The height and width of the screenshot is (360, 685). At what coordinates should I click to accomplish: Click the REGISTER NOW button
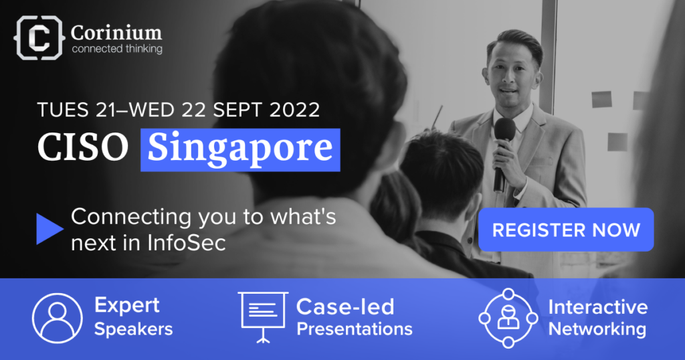pos(566,230)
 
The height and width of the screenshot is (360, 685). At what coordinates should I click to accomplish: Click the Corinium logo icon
pos(39,38)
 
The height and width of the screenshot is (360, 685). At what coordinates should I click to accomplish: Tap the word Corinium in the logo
pos(116,32)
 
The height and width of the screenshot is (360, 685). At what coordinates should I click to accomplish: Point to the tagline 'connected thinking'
pos(117,49)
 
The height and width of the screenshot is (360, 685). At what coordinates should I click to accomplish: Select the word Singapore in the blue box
pos(240,149)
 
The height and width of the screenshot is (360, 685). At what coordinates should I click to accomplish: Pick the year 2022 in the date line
pos(294,110)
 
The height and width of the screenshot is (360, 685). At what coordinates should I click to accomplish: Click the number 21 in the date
pos(105,110)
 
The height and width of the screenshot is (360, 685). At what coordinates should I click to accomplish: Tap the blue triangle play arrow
pos(50,229)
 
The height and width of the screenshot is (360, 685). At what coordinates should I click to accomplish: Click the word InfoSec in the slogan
pos(187,243)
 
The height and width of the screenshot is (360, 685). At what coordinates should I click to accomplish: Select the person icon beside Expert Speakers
pos(58,318)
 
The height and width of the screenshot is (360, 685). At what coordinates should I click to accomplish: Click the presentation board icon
pos(263,317)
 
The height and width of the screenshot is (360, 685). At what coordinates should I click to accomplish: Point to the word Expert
pos(127,306)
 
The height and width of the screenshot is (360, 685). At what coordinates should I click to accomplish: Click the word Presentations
pos(355,329)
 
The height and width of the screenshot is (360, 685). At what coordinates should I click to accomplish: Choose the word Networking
pos(597,330)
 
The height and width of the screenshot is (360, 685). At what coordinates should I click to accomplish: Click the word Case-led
pos(345,306)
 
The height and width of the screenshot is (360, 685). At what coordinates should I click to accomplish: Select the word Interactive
pos(598,306)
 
